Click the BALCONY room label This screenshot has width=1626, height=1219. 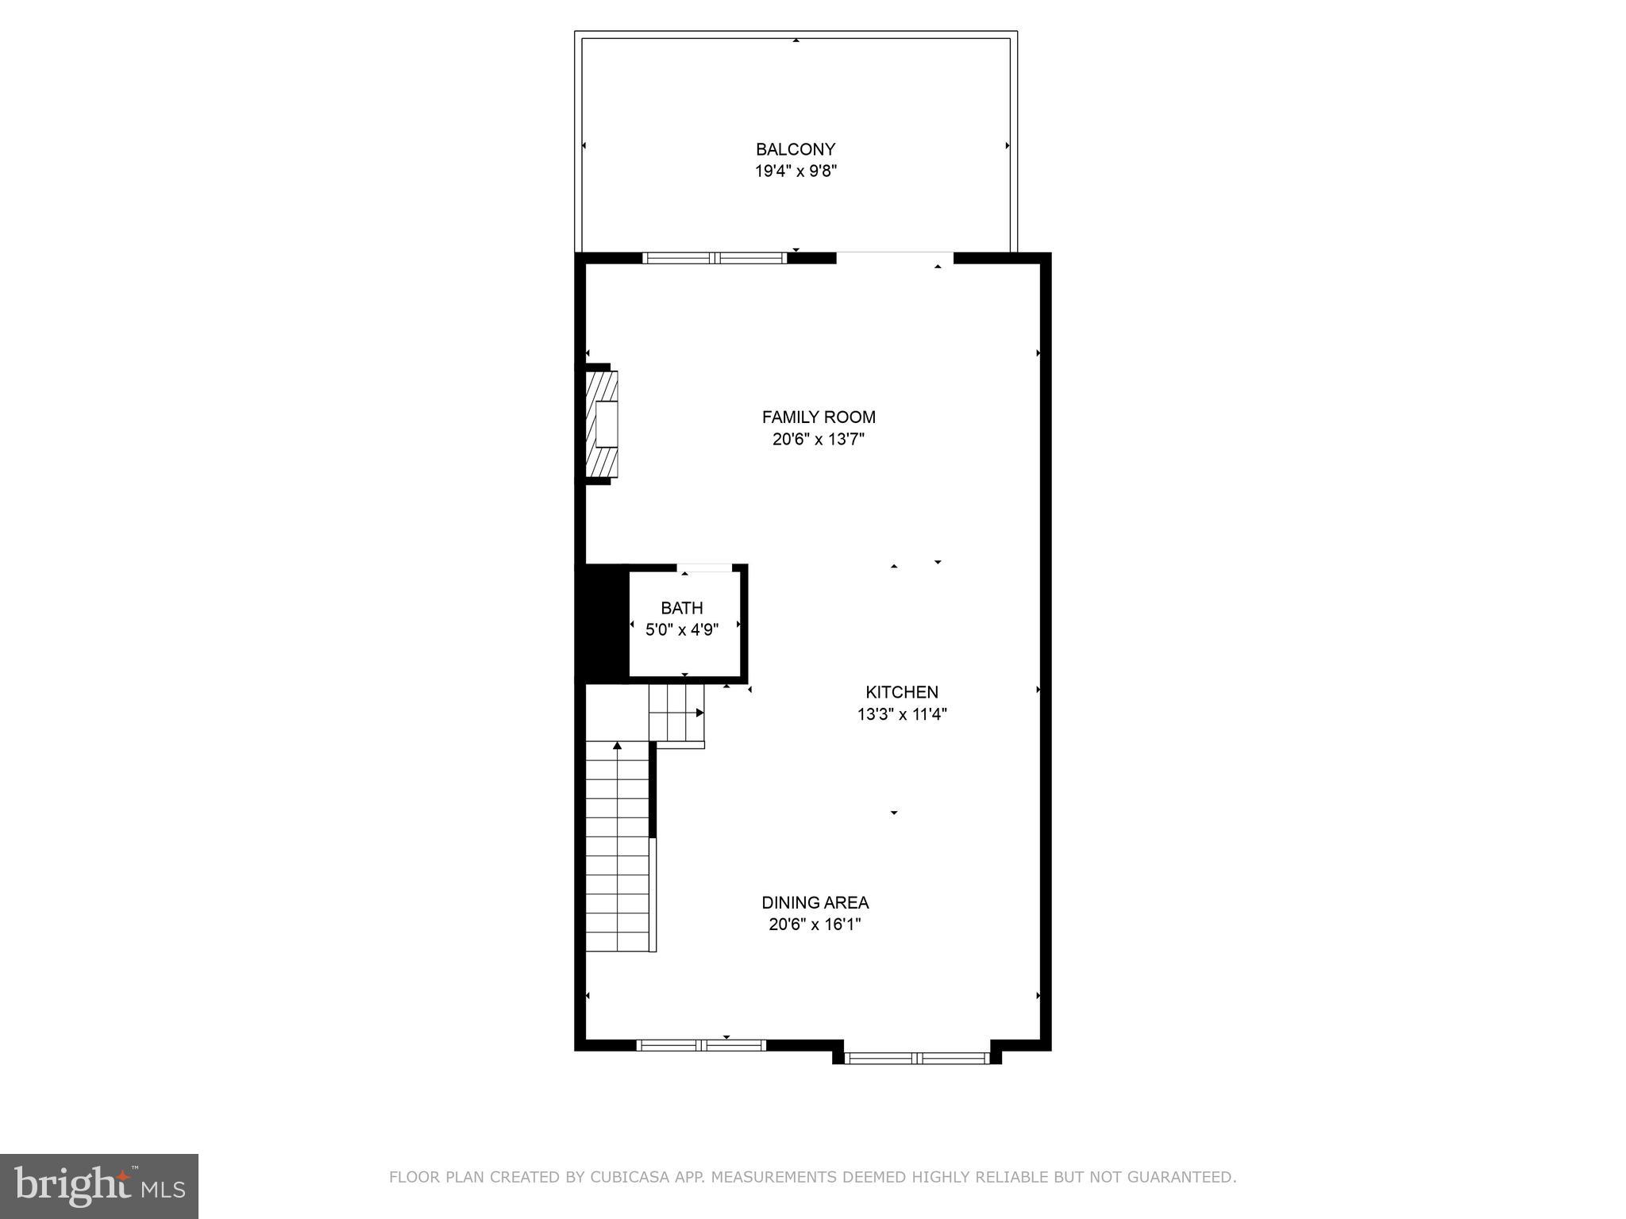[796, 149]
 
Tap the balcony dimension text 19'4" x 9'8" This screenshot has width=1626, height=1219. [796, 171]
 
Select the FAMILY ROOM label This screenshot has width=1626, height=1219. [819, 417]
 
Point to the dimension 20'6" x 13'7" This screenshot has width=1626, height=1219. [819, 439]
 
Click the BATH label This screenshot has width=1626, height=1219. [682, 608]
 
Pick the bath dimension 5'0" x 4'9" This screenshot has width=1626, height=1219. [682, 630]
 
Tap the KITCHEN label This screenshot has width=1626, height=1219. [902, 692]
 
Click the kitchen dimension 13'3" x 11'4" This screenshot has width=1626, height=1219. [902, 714]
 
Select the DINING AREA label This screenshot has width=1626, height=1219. [815, 902]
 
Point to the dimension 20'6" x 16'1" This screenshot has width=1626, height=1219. [815, 925]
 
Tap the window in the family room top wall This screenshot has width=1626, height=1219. [715, 258]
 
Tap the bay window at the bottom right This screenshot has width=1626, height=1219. [917, 1058]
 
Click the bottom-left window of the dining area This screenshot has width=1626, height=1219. [701, 1045]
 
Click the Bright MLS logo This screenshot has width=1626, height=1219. [99, 1186]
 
